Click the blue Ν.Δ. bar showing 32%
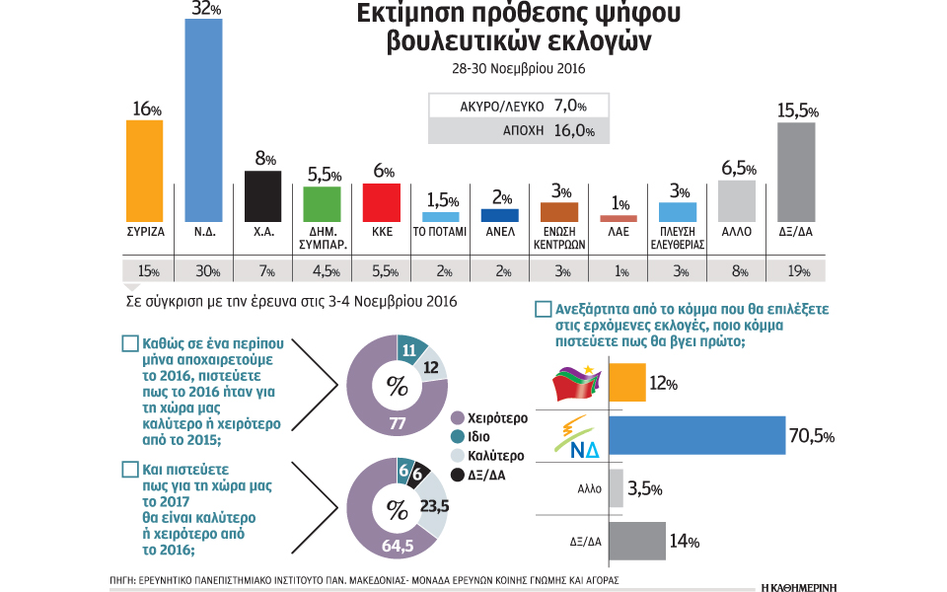204,120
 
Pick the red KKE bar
382,202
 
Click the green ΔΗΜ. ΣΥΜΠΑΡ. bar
323,203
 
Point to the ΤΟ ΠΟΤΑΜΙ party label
440,235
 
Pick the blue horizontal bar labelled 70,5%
696,435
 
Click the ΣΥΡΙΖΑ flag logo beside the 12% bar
578,382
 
